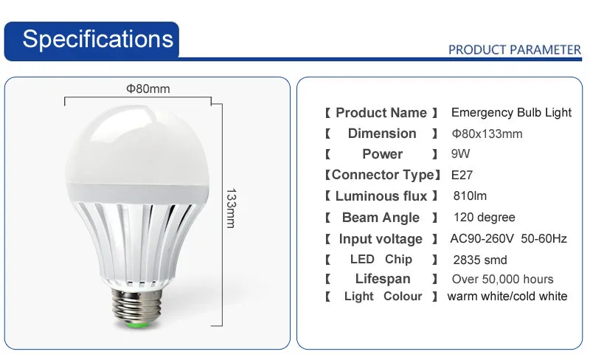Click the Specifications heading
pyautogui.click(x=98, y=39)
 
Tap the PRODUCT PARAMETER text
pyautogui.click(x=515, y=49)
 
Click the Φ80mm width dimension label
pyautogui.click(x=148, y=89)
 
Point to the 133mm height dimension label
pyautogui.click(x=231, y=208)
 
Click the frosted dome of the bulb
pyautogui.click(x=137, y=147)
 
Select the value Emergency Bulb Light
pyautogui.click(x=511, y=112)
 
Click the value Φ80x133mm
pyautogui.click(x=487, y=134)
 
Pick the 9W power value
pyautogui.click(x=460, y=153)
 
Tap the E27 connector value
pyautogui.click(x=462, y=175)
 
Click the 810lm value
pyautogui.click(x=470, y=195)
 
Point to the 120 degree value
pyautogui.click(x=485, y=218)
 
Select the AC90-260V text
pyautogui.click(x=482, y=238)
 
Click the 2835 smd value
pyautogui.click(x=480, y=260)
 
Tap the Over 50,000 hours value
pyautogui.click(x=502, y=279)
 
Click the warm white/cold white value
pyautogui.click(x=507, y=296)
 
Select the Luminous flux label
pyautogui.click(x=381, y=195)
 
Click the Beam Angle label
pyautogui.click(x=381, y=218)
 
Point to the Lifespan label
pyautogui.click(x=383, y=279)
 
